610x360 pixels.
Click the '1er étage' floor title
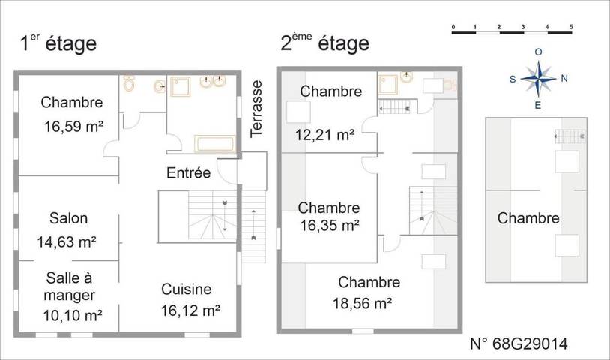point(58,43)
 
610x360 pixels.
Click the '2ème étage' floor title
point(324,43)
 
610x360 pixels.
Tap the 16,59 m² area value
point(73,127)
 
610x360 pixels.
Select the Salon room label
point(68,219)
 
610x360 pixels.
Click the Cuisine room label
point(186,289)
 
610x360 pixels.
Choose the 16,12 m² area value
point(190,309)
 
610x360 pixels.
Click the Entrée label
point(187,173)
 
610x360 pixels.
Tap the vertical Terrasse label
point(257,108)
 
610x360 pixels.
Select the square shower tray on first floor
point(182,88)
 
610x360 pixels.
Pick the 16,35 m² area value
point(329,224)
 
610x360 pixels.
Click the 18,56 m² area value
point(363,303)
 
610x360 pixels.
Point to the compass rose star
point(538,77)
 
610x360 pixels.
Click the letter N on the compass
point(564,77)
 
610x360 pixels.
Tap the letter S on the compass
point(513,78)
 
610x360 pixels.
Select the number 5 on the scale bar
point(571,27)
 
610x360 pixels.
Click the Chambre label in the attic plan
point(528,219)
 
